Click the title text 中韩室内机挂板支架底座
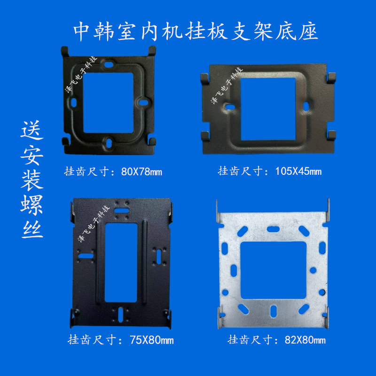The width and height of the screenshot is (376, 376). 196,31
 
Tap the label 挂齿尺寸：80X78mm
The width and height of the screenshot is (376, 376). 113,172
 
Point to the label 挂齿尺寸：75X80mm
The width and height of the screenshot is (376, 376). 121,339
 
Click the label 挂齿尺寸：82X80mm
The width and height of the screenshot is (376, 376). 276,339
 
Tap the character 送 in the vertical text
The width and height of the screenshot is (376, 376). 32,133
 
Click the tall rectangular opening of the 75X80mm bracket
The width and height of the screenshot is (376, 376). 121,263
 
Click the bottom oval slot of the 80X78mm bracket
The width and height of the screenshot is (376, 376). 109,141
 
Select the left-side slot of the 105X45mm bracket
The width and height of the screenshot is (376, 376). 228,107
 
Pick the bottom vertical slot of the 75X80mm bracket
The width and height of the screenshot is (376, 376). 121,313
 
